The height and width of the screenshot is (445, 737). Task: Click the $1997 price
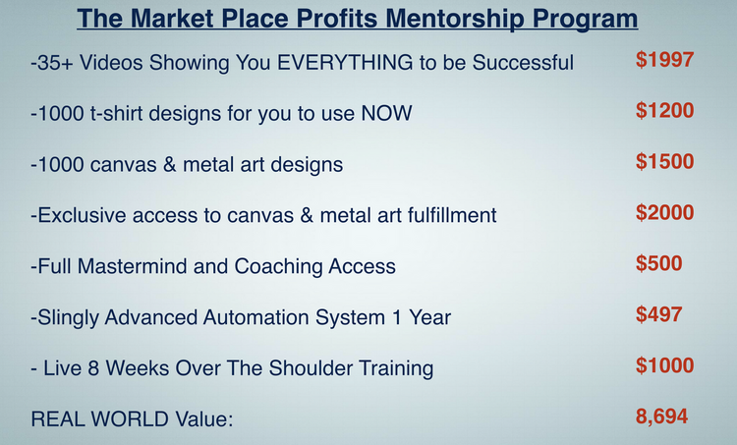tap(664, 60)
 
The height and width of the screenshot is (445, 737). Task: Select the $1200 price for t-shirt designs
tap(664, 110)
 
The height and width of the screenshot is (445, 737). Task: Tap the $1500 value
tap(664, 161)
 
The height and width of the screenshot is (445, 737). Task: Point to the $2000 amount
tap(664, 212)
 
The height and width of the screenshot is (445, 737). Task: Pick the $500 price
tap(659, 263)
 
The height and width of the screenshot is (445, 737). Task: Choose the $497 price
tap(659, 314)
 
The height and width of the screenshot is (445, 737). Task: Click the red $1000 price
tap(664, 365)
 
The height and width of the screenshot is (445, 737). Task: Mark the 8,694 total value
tap(661, 417)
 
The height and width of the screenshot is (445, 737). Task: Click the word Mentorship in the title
tap(455, 19)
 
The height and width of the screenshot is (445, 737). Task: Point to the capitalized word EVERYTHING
tap(345, 63)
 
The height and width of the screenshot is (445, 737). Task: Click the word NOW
tap(386, 113)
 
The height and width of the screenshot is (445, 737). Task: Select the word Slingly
tap(68, 318)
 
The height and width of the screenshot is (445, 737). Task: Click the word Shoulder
tap(311, 368)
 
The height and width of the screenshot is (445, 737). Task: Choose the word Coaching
tap(278, 267)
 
